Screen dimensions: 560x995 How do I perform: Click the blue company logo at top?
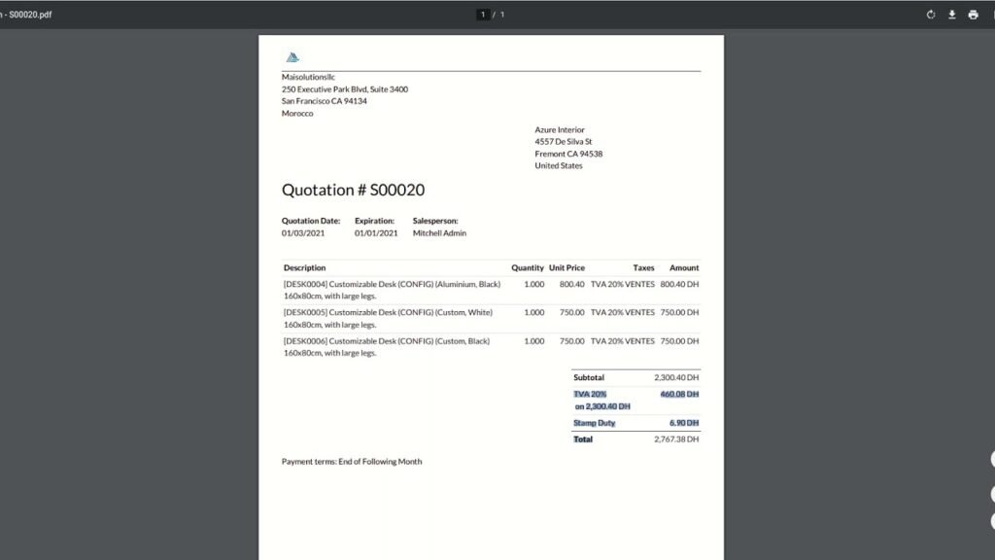tap(293, 57)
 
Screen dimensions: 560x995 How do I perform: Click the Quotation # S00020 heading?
tap(353, 191)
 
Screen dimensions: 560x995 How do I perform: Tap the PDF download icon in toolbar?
tap(952, 15)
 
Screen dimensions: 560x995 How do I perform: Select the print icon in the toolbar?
tap(973, 15)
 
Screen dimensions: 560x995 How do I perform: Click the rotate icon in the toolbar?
tap(931, 15)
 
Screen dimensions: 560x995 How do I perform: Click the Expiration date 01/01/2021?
tap(376, 233)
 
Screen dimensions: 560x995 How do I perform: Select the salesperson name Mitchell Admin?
tap(439, 233)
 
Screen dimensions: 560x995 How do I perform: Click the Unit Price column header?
tap(566, 267)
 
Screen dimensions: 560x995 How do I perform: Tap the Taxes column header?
tap(643, 267)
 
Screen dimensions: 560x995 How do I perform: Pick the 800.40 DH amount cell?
tap(679, 284)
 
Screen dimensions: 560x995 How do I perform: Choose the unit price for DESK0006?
tap(571, 341)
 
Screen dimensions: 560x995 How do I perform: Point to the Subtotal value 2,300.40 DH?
tap(676, 377)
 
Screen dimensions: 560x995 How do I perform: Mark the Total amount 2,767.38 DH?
tap(676, 439)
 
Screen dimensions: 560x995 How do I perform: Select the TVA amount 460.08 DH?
tap(679, 394)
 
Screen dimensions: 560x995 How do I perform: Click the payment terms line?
tap(352, 462)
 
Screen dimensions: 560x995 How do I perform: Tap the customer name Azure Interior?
tap(560, 130)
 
